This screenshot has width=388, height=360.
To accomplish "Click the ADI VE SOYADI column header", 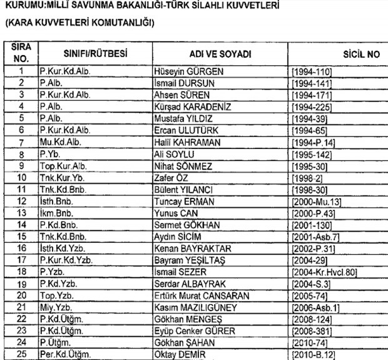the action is click(x=220, y=54).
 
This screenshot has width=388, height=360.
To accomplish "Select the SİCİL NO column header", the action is click(x=362, y=54).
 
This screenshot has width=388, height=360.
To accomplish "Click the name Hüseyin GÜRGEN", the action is click(x=185, y=72).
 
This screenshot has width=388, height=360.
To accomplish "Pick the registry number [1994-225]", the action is click(x=312, y=107).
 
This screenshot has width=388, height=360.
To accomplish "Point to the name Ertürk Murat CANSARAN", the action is click(x=202, y=296).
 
